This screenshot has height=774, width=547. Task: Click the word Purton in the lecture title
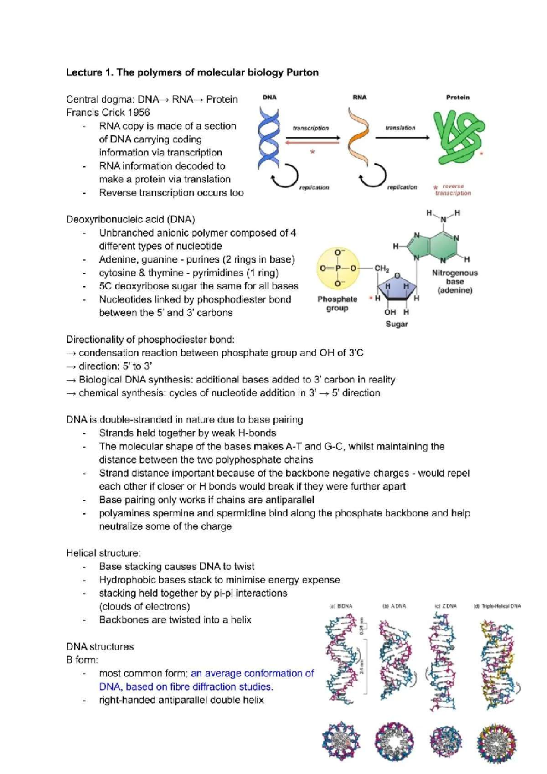coord(302,72)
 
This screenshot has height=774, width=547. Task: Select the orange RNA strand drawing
coord(357,137)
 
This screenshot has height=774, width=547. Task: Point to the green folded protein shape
coord(458,137)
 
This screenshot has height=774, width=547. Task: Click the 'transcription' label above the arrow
coord(310,128)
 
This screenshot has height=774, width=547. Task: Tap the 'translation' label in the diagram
coord(400,128)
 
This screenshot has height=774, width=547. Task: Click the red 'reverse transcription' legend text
coord(453,190)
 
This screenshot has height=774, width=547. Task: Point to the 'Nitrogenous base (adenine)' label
coord(454,281)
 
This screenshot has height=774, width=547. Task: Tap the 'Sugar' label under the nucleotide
coord(397,324)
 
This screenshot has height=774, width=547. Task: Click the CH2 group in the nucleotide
coord(382,268)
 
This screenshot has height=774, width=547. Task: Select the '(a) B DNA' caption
coord(341,606)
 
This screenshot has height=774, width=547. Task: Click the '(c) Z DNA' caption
coord(445,606)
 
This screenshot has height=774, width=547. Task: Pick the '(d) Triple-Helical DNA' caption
coord(497,606)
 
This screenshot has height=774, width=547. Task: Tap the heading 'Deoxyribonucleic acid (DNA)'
coord(130,219)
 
